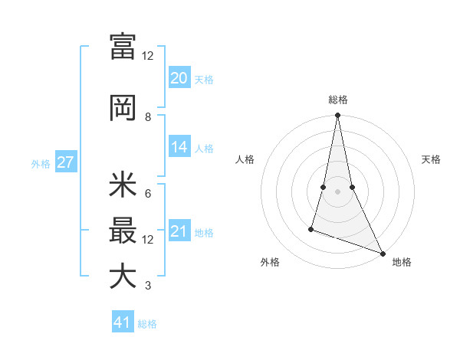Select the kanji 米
123,185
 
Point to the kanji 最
123,231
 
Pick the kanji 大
123,277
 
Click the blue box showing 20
179,78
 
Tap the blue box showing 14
179,147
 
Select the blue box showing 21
179,231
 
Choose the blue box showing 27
65,162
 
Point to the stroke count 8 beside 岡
147,117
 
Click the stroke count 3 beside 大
147,286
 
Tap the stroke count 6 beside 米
147,193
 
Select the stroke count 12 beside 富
147,55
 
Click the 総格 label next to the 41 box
147,324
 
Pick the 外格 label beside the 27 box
41,163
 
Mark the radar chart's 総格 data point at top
337,116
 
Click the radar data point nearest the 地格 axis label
382,254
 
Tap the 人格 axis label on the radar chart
245,159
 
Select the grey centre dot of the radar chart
337,191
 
